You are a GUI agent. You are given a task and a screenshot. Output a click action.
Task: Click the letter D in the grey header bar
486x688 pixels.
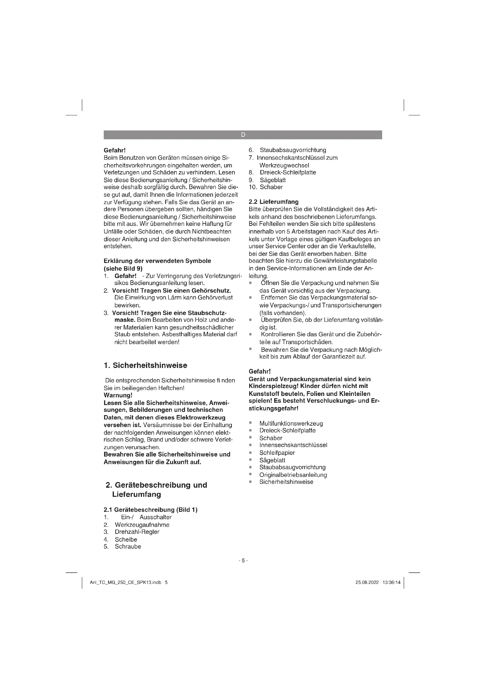tap(243, 135)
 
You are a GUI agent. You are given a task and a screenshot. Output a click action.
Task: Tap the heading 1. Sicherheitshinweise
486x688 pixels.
tap(145, 365)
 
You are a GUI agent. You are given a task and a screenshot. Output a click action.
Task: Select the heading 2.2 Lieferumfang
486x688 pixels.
tap(274, 202)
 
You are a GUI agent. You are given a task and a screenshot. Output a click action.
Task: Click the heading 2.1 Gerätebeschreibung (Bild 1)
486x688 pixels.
tap(150, 509)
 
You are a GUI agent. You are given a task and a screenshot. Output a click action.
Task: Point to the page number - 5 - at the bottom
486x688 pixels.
tap(243, 560)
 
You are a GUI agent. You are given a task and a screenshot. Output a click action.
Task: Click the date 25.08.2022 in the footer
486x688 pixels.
tap(367, 582)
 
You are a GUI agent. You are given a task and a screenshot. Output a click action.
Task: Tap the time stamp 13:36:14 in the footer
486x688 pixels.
tap(391, 582)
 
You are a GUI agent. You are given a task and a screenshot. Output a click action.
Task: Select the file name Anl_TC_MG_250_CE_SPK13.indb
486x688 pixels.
tap(125, 582)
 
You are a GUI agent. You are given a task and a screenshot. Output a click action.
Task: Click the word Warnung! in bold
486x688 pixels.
tap(118, 395)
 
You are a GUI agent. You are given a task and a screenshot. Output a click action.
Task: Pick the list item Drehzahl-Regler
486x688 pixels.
tap(137, 532)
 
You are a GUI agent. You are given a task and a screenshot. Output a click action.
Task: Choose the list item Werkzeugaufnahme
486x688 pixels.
tap(142, 524)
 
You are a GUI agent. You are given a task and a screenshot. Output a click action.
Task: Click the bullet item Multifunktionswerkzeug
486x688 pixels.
tap(291, 423)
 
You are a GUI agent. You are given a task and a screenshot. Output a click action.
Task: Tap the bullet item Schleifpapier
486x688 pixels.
tap(277, 452)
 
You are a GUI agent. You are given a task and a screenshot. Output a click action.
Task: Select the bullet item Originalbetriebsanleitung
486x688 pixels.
tap(293, 475)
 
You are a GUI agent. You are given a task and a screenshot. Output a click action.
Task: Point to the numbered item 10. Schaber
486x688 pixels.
tap(266, 187)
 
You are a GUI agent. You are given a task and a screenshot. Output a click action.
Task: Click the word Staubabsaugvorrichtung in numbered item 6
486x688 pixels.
tap(293, 150)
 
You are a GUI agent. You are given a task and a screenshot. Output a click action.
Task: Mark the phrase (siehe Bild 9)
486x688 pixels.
tap(123, 268)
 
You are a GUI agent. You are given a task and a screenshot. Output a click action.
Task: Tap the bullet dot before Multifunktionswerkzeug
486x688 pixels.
tap(250, 423)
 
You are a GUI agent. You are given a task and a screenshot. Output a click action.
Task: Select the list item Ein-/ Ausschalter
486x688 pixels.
tap(146, 517)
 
